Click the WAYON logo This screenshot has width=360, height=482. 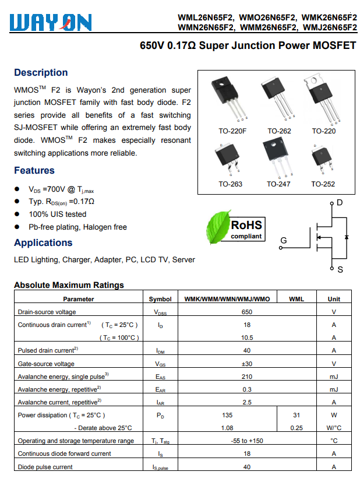tap(51, 22)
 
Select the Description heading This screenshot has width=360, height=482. tap(41, 73)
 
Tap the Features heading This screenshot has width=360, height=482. tap(34, 171)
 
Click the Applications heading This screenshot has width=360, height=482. tap(43, 243)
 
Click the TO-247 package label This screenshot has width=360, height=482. tap(278, 184)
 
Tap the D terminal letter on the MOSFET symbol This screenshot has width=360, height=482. tap(340, 203)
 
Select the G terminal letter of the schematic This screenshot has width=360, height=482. tap(284, 241)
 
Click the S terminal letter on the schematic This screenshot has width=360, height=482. tap(340, 270)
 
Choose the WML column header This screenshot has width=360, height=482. tap(297, 299)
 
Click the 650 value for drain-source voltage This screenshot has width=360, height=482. tap(246, 312)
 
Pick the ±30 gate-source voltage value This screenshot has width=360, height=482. tap(246, 364)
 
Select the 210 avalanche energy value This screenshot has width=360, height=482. tap(246, 377)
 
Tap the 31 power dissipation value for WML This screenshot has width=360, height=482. tap(297, 415)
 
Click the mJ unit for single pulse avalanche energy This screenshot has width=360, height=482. tap(334, 377)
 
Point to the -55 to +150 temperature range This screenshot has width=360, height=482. tap(246, 441)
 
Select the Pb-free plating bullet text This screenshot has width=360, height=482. tap(77, 227)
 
